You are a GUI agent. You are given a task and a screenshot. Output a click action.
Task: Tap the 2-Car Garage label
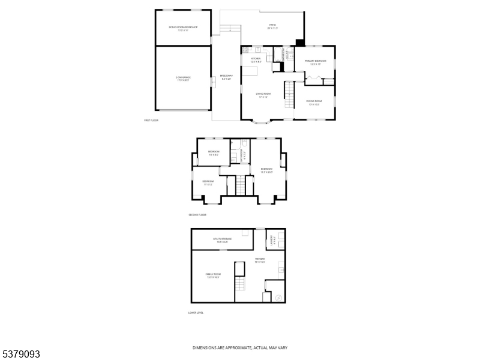182,79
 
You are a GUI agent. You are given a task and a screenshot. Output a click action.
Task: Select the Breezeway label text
226,77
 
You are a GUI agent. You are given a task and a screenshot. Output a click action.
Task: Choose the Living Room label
262,95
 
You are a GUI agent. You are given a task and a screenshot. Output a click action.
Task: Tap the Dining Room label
314,102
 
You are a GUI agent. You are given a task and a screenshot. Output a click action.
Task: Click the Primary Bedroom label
314,62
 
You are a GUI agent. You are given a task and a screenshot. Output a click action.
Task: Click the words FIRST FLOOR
151,121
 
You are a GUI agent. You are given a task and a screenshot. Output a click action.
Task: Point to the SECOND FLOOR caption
197,214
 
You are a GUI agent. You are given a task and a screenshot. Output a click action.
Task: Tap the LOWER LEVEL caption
196,313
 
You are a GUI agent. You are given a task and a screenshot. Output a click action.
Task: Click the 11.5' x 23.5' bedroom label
266,170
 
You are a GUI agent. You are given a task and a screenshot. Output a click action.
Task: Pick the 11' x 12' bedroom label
208,182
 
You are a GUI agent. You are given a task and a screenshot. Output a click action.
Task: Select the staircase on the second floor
241,185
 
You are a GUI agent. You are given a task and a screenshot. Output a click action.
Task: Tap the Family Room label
213,275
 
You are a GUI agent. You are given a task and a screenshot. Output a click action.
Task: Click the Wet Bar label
259,260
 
